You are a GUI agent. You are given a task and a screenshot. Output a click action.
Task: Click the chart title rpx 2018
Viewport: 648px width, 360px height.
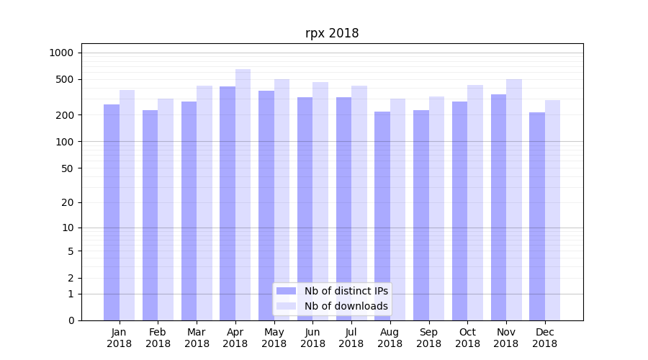[x=332, y=33]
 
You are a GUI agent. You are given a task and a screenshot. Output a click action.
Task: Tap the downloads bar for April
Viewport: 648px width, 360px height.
[x=243, y=194]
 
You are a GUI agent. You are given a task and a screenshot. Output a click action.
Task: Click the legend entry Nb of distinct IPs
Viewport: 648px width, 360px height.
[x=346, y=291]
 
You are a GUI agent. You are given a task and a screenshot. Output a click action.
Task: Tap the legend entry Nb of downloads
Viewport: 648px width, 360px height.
[x=346, y=306]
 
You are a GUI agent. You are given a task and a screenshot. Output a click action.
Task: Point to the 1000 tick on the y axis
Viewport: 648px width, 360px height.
[x=61, y=53]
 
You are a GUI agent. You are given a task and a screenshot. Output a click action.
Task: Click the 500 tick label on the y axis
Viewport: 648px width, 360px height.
[x=65, y=79]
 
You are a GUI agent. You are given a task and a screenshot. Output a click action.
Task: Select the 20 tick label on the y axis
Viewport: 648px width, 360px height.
[x=68, y=202]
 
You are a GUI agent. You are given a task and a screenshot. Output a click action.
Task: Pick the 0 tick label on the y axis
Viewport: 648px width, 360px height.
[x=71, y=320]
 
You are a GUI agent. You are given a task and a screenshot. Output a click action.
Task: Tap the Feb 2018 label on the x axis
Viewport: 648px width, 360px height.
[x=158, y=338]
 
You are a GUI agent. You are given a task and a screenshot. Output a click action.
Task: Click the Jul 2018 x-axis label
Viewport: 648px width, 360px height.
[x=351, y=338]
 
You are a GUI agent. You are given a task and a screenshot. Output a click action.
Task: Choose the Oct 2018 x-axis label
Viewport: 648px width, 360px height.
[x=467, y=338]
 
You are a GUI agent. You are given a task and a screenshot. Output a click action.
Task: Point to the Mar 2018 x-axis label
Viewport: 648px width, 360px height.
[x=197, y=338]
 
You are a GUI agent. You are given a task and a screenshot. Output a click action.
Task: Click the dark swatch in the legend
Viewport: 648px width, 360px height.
[x=286, y=291]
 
